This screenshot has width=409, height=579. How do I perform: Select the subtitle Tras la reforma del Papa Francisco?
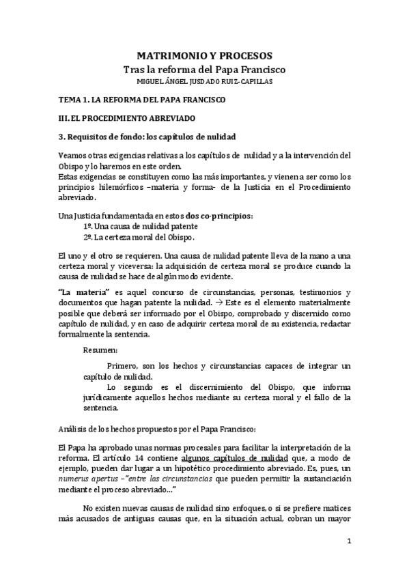point(206,70)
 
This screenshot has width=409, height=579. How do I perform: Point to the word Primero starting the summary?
point(124,367)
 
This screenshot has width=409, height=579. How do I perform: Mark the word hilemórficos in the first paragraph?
point(124,186)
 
